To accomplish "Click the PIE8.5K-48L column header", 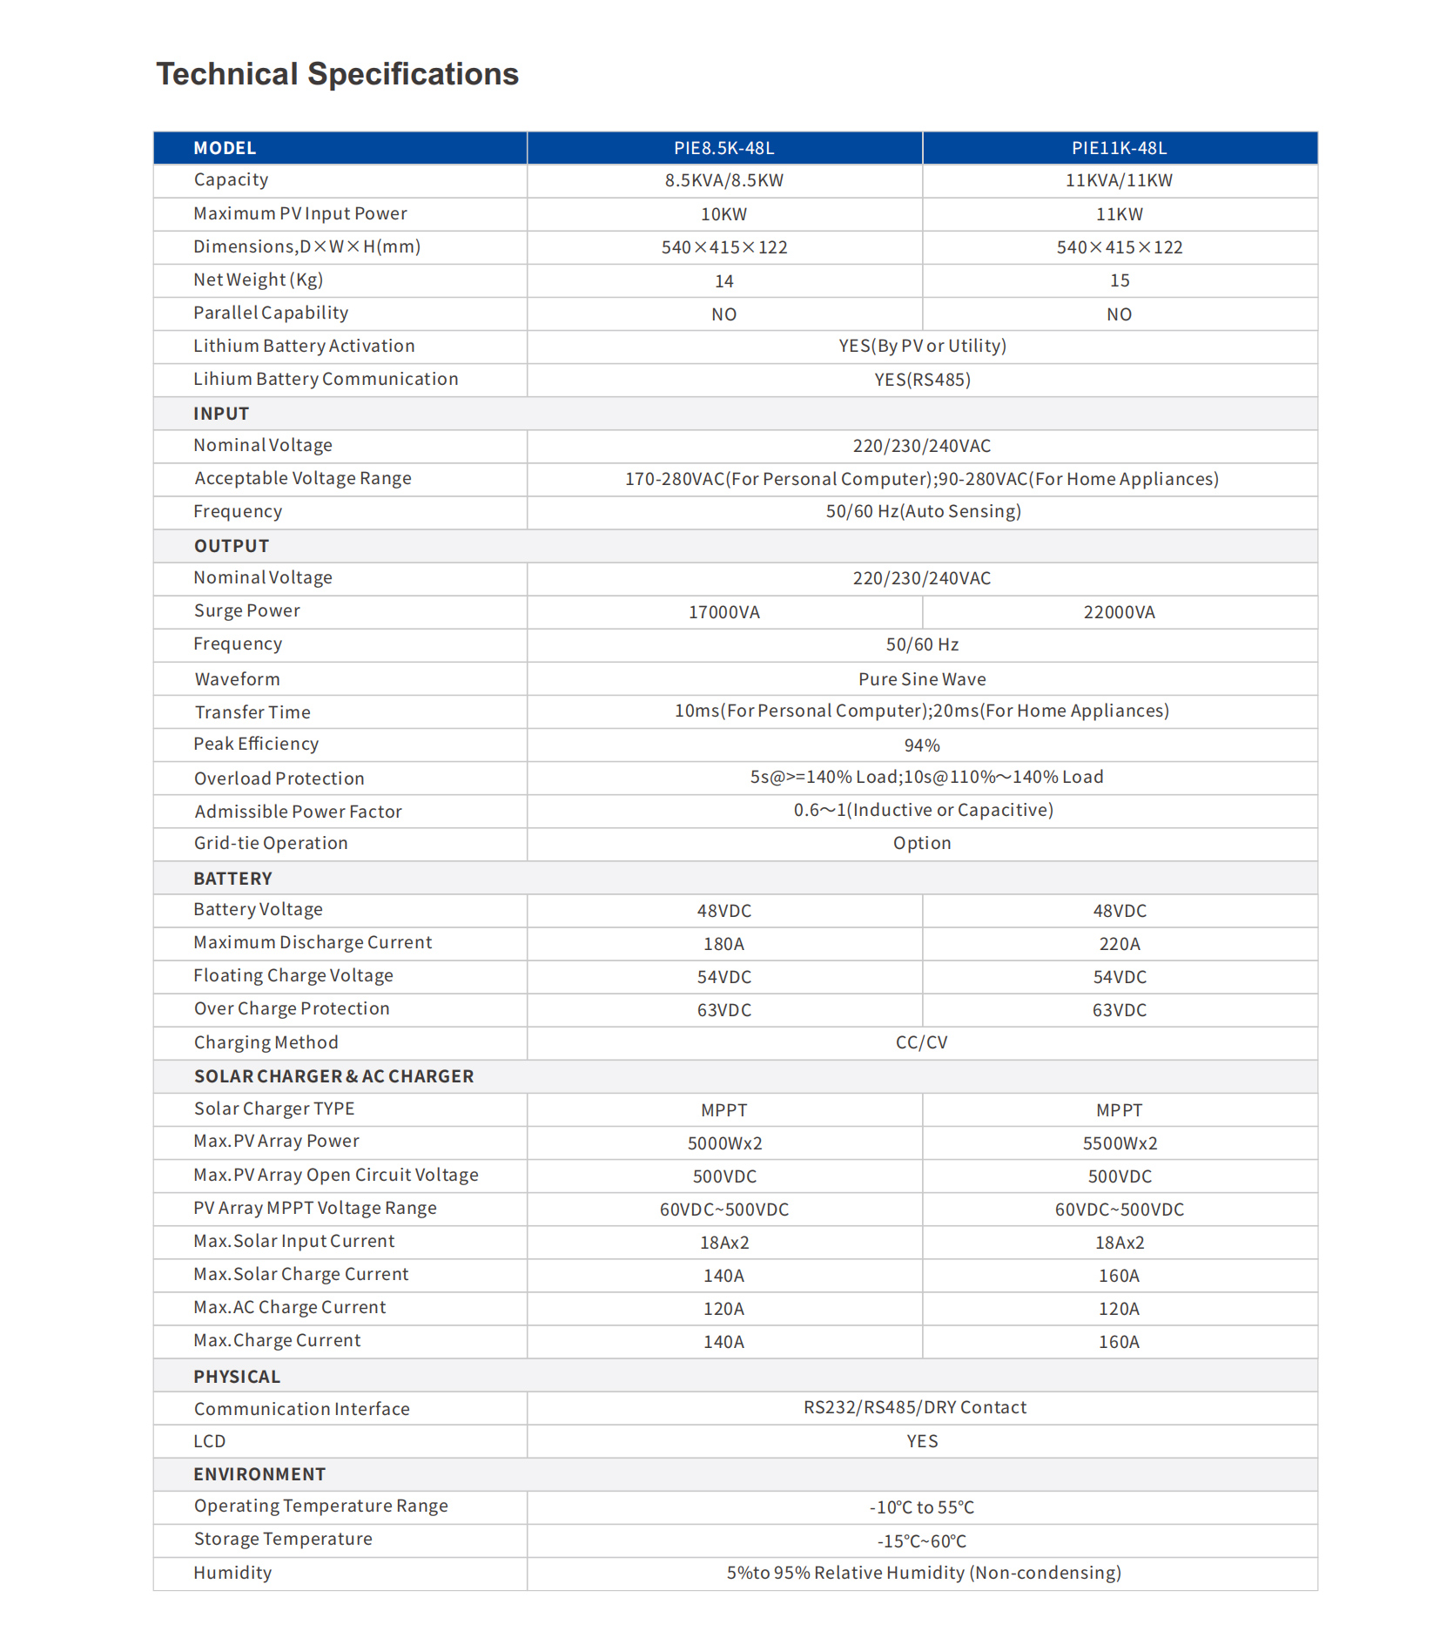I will pos(723,148).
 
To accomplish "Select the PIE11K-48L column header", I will pos(1119,148).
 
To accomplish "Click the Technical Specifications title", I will pos(337,74).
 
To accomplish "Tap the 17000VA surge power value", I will pos(723,612).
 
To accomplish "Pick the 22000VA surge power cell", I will pos(1119,612).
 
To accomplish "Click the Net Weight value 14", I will pos(723,281).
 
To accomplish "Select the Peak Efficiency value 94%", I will pos(922,745).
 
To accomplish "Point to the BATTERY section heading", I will pos(232,879).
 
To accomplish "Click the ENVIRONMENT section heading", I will pos(259,1474).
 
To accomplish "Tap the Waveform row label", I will pos(237,679).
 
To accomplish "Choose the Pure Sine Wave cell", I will pos(922,679).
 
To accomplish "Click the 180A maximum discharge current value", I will pos(723,944).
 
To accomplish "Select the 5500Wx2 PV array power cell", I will pos(1119,1143).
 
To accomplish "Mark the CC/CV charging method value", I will pos(922,1042).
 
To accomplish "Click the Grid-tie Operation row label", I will pos(271,843).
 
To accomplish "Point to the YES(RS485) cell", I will pos(922,380).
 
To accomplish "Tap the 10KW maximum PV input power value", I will pos(723,214).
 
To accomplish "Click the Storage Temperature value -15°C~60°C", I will pos(922,1541).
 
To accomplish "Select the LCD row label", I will pos(210,1441).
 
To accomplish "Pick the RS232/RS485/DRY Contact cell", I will pos(915,1407).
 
